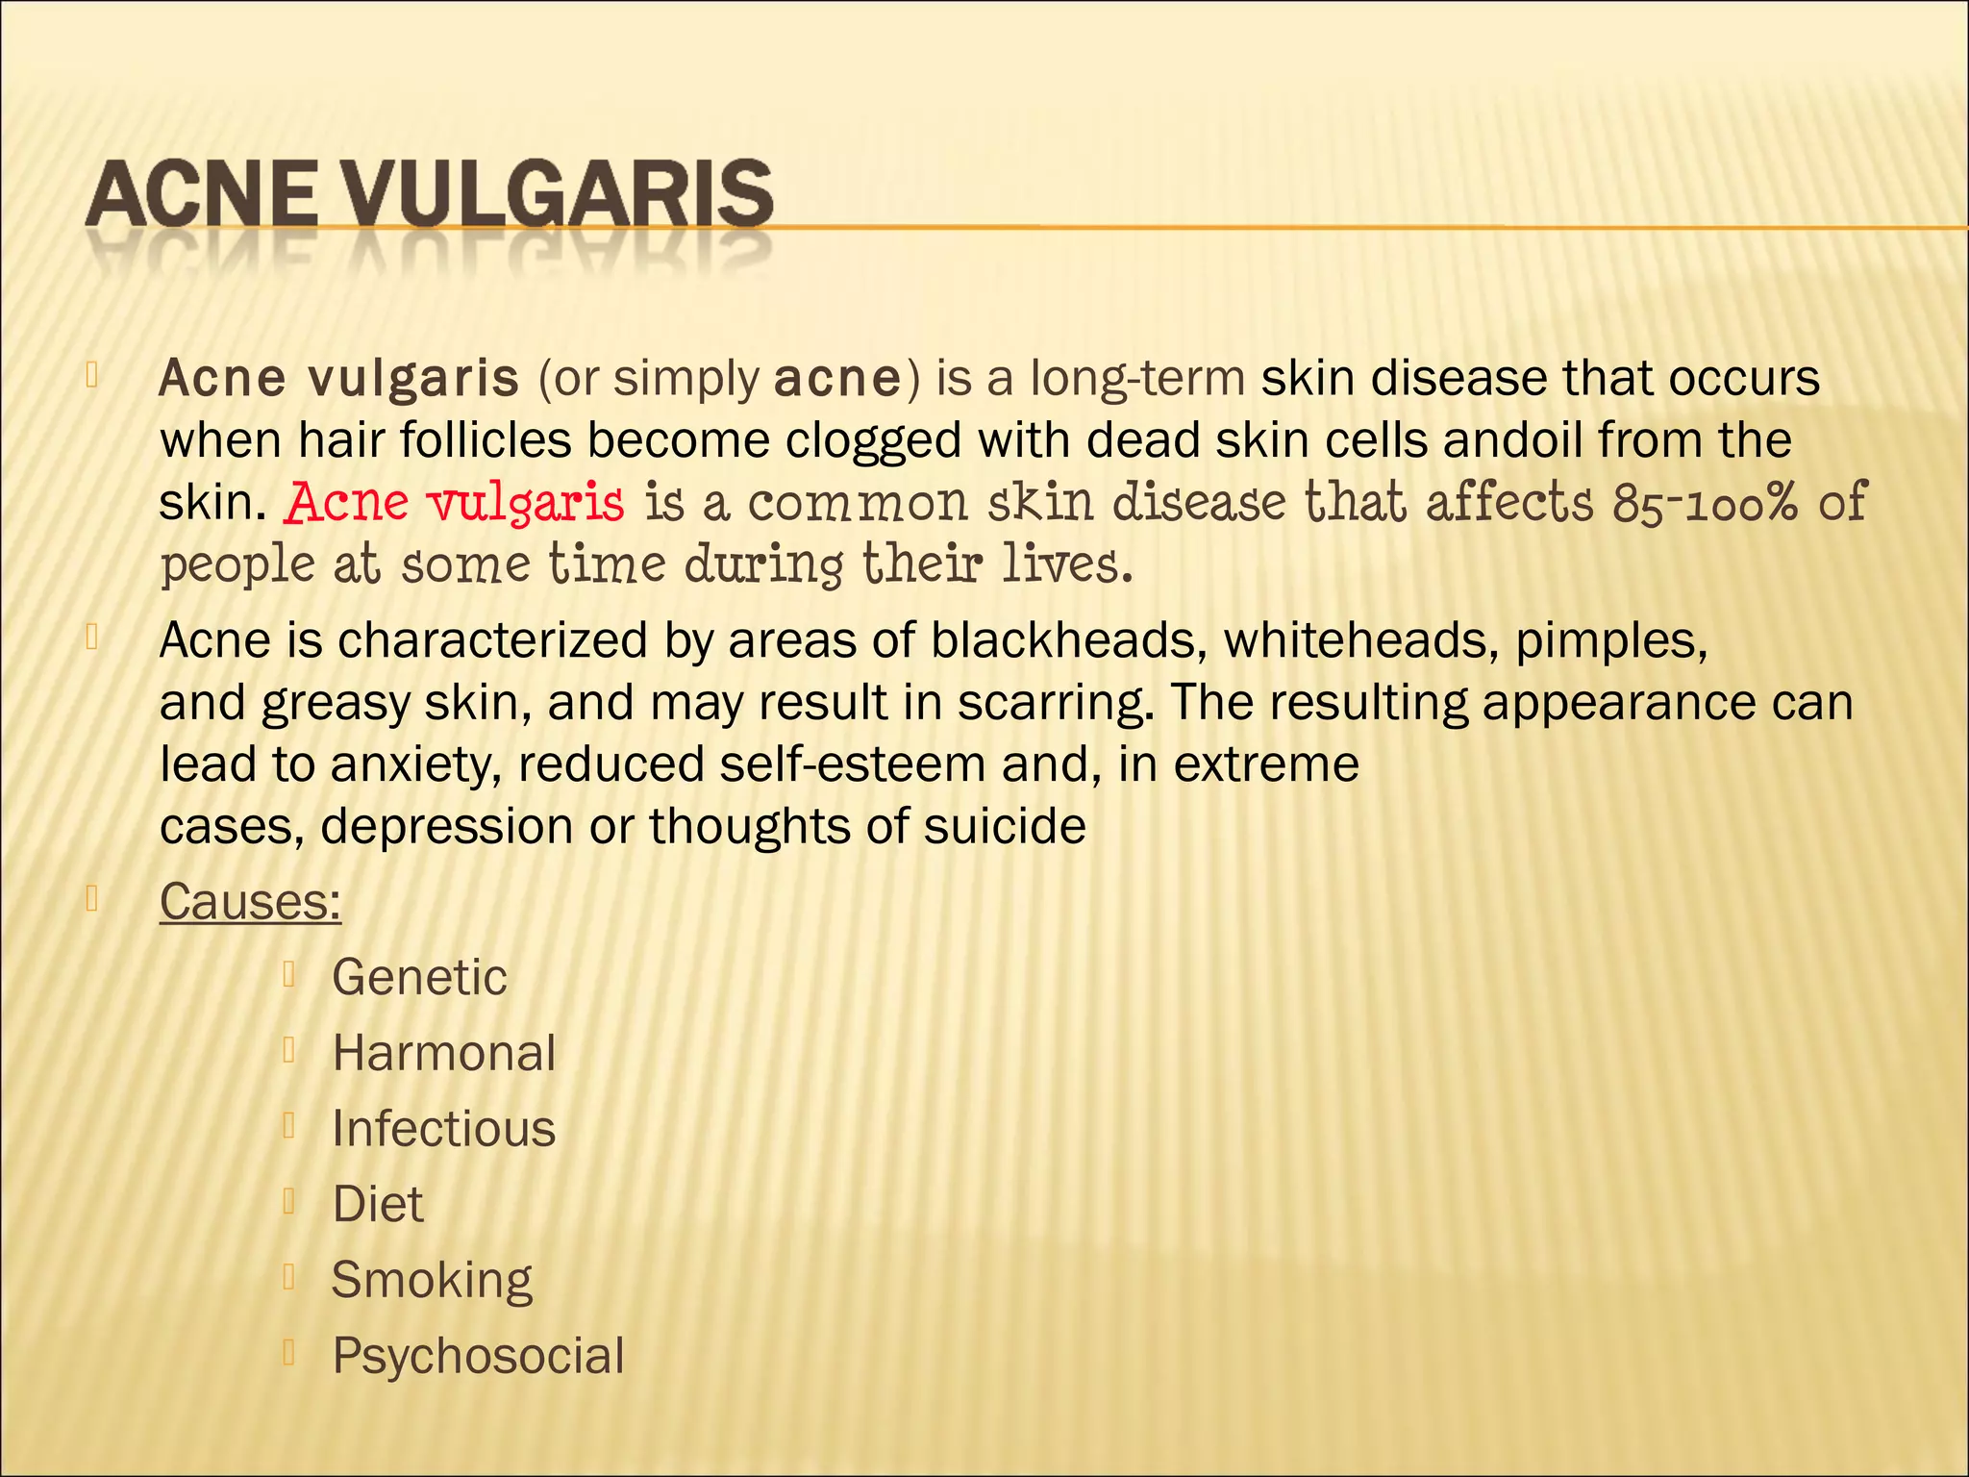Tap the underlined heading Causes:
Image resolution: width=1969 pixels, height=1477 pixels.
coord(250,902)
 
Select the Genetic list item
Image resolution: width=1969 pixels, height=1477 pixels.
coord(419,978)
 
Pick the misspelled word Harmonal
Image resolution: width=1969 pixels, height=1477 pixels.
coord(443,1053)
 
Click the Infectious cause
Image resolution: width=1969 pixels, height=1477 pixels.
coord(443,1129)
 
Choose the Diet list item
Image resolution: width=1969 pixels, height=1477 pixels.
coord(377,1204)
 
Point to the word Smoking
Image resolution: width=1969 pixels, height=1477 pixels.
coord(432,1280)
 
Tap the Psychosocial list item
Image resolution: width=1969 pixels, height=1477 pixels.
coord(478,1356)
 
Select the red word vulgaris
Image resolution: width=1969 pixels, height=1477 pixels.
coord(526,503)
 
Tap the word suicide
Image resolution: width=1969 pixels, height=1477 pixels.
coord(1005,826)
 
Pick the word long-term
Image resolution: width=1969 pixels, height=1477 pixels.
coord(1137,378)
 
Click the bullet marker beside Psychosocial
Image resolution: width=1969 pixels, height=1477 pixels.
coord(287,1353)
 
